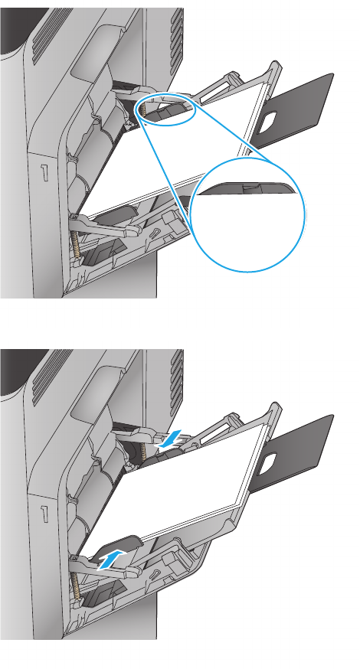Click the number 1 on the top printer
pos(44,173)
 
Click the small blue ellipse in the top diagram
pos(167,111)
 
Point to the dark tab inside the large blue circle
pos(248,188)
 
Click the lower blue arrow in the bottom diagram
pos(112,560)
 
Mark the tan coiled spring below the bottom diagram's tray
pos(77,586)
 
